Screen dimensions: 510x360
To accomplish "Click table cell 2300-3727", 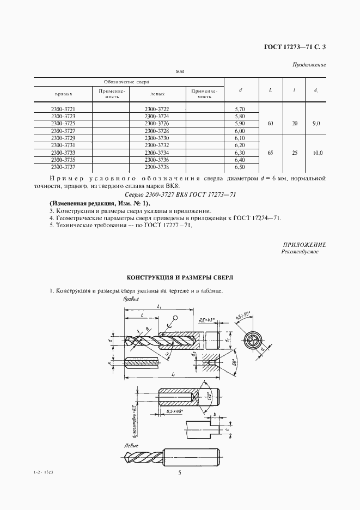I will click(63, 131).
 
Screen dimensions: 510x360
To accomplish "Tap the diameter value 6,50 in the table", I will click(240, 168).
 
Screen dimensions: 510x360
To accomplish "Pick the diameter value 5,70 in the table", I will click(240, 110).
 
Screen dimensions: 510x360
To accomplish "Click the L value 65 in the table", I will click(271, 154).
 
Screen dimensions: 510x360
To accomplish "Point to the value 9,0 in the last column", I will click(317, 124).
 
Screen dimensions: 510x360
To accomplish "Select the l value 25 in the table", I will click(295, 154).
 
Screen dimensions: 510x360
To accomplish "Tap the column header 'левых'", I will click(157, 93).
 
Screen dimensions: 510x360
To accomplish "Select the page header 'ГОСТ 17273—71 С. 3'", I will click(295, 47).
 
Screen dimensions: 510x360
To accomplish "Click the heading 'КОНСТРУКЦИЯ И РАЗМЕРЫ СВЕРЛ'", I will click(180, 277).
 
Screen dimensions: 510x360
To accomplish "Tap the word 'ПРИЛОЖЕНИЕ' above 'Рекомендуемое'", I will click(304, 245).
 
